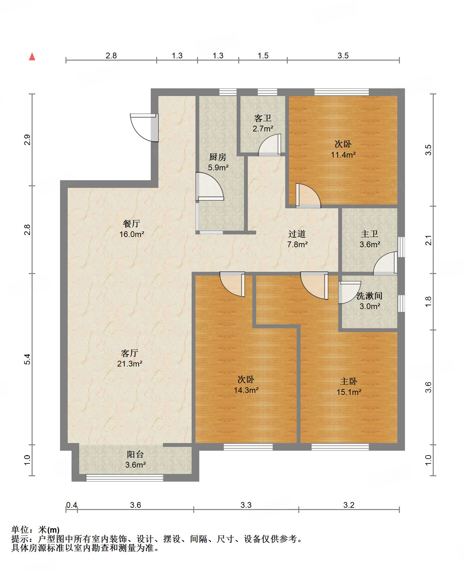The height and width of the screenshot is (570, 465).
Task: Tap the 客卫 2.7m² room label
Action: click(x=263, y=123)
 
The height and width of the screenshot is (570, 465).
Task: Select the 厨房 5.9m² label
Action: click(x=218, y=162)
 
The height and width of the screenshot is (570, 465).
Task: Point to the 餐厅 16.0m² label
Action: click(x=132, y=229)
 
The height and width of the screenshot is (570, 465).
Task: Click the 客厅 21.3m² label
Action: click(x=129, y=358)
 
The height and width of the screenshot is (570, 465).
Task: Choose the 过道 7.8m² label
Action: click(x=297, y=239)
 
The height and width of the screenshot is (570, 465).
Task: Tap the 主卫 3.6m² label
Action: click(x=370, y=239)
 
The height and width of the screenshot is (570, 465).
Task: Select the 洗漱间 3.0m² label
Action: click(x=370, y=301)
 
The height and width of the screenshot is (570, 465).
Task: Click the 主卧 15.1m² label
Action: click(x=349, y=387)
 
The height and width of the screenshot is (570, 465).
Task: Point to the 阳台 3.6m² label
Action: click(x=135, y=459)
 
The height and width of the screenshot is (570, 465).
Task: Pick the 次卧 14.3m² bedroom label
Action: click(x=246, y=384)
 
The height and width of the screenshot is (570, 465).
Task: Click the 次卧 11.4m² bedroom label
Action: click(x=343, y=149)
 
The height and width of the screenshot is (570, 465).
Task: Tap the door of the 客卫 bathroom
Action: click(x=270, y=145)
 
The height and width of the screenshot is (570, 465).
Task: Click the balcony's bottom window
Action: click(x=125, y=477)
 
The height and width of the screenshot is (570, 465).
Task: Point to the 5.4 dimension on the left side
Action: click(x=28, y=359)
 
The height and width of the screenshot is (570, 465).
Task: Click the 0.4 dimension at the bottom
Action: click(x=72, y=505)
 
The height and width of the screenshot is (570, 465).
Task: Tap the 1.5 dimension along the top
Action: click(x=263, y=56)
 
